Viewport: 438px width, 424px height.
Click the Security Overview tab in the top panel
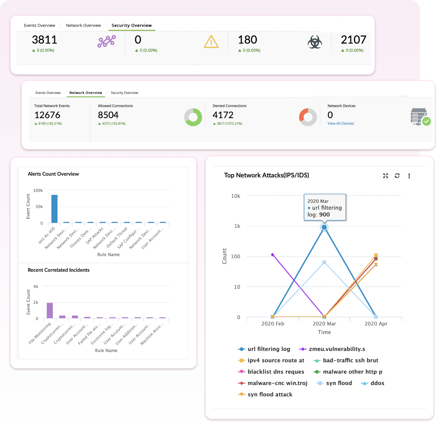point(131,26)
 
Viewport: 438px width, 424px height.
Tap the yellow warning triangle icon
point(211,42)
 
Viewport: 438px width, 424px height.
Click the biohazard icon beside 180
point(314,42)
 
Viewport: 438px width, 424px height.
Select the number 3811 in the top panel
point(45,40)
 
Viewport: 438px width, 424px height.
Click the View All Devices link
point(341,124)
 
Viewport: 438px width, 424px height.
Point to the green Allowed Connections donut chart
point(193,117)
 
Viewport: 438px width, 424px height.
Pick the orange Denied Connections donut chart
point(308,117)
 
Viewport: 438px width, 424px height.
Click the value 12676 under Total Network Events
point(47,115)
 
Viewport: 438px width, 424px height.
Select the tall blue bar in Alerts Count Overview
point(54,209)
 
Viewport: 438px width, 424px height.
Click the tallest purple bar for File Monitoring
point(50,311)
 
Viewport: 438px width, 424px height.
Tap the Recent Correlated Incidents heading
point(59,270)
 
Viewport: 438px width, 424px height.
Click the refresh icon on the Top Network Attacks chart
point(397,176)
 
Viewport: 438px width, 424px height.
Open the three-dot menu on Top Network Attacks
point(409,176)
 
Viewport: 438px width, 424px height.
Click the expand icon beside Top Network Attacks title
point(385,176)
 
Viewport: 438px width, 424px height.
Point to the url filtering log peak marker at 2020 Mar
point(324,227)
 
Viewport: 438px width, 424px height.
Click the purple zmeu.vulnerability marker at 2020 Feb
point(272,255)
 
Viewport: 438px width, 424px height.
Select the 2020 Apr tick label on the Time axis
point(376,324)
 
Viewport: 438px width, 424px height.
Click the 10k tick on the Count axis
point(236,196)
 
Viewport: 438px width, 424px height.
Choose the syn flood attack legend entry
point(269,395)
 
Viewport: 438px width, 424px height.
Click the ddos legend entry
point(377,383)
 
